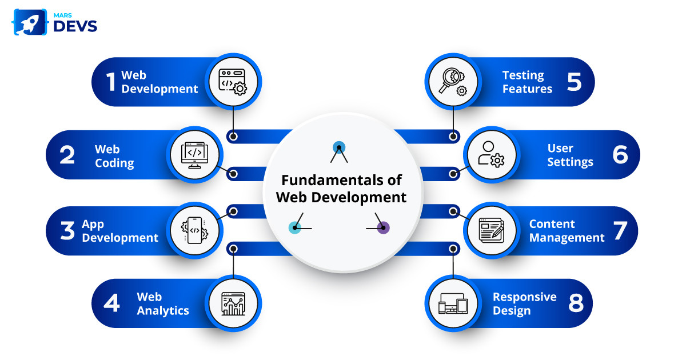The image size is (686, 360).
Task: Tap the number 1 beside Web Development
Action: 111,82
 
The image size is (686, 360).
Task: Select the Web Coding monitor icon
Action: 195,154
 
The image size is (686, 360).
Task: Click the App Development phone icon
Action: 194,230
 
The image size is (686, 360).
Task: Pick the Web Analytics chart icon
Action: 233,303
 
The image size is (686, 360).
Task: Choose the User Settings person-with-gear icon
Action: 491,154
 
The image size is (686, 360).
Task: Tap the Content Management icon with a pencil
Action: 491,230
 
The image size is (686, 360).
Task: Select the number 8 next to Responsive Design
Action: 576,303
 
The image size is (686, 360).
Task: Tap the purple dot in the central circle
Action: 384,228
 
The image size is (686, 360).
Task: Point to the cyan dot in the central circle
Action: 294,228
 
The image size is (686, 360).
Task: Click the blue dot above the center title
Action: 338,147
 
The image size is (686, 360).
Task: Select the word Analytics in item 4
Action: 163,311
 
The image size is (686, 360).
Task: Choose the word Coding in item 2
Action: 114,163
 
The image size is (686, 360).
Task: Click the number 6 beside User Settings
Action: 620,155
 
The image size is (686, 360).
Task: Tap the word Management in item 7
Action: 567,238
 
